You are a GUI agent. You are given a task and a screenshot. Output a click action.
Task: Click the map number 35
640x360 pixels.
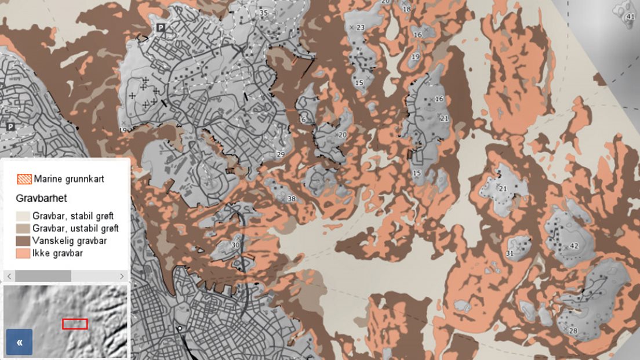pos(264,13)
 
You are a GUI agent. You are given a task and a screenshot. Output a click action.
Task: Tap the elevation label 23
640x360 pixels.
pos(361,27)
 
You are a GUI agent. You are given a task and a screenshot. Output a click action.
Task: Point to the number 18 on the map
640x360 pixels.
pos(406,9)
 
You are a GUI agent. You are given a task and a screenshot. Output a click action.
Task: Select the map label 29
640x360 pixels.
pos(281,154)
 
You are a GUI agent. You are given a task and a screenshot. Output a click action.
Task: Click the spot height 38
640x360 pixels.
pos(292,199)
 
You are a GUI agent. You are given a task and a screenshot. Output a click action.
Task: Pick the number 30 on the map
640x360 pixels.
pos(235,245)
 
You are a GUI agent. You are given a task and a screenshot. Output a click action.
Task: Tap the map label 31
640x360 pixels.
pos(510,253)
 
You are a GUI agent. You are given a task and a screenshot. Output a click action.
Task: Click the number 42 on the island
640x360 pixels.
pos(574,246)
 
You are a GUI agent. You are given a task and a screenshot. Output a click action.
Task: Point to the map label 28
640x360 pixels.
pos(573,330)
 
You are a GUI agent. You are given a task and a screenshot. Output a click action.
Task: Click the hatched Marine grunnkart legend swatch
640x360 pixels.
pos(25,179)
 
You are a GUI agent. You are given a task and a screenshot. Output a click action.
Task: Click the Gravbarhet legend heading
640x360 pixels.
pos(41,198)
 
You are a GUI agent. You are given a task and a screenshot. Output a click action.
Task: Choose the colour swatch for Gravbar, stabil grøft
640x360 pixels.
pos(25,216)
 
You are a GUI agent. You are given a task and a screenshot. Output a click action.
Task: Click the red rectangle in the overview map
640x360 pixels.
pos(75,323)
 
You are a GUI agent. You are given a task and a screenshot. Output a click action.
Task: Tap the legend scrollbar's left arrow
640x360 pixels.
pos(8,276)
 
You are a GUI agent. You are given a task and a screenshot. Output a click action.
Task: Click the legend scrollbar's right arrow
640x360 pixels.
pos(122,276)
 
